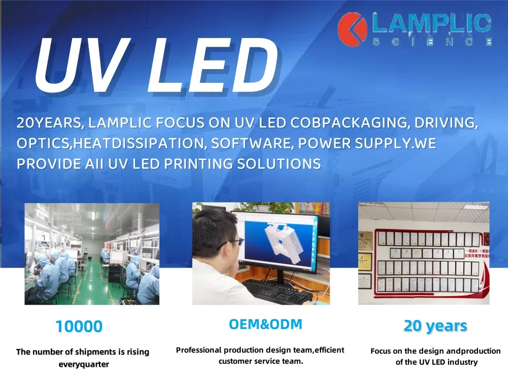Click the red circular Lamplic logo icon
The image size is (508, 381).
coord(353,27)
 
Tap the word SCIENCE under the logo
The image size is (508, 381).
coord(432,42)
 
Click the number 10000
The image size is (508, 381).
coord(79,327)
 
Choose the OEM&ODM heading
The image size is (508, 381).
coord(266,325)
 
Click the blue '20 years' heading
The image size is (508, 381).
coord(435,326)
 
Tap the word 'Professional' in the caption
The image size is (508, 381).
coord(199,350)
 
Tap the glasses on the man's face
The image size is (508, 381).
coord(231,243)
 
